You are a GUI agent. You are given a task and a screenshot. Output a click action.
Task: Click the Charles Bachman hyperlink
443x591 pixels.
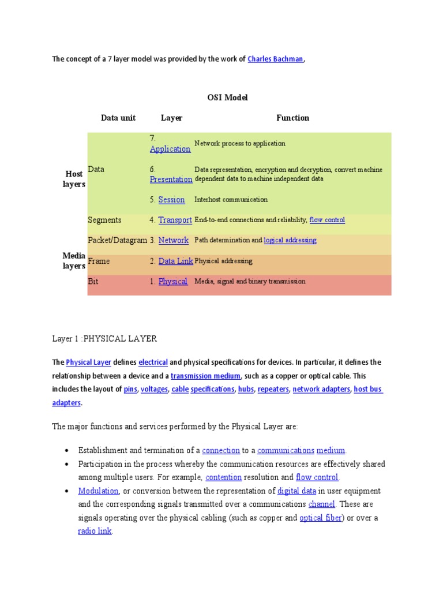(275, 59)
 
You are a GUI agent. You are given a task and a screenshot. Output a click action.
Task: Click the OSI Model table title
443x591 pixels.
(227, 98)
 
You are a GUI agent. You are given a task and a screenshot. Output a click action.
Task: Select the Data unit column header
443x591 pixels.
(118, 118)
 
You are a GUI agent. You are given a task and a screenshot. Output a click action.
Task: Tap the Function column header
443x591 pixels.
(292, 118)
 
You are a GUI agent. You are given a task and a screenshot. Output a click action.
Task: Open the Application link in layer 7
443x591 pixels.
(170, 149)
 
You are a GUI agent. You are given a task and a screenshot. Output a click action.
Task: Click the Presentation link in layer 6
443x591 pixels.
(171, 179)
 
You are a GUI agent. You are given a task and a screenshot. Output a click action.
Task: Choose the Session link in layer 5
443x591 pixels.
(171, 200)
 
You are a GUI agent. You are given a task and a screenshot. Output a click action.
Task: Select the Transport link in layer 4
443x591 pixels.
(175, 220)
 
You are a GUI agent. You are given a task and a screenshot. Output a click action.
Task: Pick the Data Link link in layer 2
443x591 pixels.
(175, 261)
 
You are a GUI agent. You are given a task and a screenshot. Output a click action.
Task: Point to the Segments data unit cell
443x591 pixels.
(104, 220)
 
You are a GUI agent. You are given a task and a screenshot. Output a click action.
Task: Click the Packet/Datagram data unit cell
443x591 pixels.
(117, 240)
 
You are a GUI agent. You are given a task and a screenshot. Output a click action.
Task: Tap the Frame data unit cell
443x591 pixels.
(99, 261)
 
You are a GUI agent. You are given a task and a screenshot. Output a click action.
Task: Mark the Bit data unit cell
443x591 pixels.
(93, 282)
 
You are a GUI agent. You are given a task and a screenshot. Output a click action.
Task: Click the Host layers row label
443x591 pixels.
(74, 179)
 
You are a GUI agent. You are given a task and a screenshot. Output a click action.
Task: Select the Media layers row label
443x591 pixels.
(74, 261)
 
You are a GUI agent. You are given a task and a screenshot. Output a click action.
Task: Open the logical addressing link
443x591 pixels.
(290, 240)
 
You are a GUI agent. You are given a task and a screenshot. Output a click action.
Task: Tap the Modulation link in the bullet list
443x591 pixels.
(99, 491)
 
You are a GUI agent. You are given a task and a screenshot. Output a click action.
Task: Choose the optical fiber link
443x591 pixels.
(321, 518)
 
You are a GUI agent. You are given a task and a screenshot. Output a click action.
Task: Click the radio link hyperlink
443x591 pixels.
(95, 531)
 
